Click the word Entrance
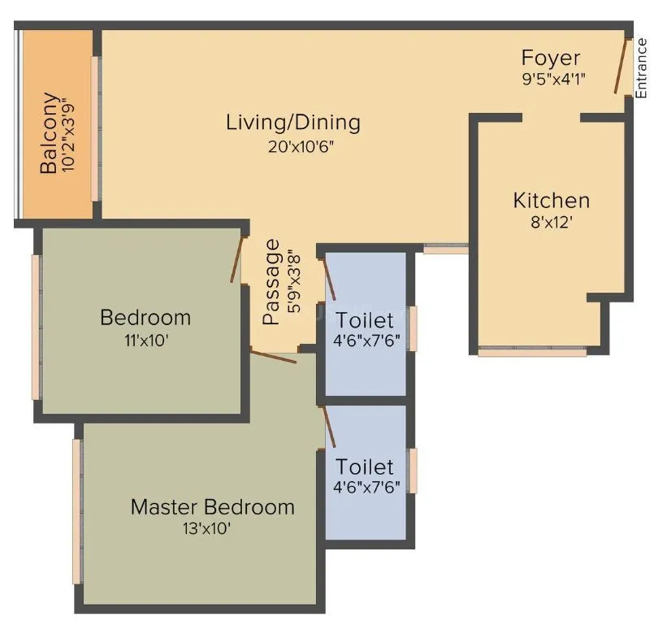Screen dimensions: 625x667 pos(641,68)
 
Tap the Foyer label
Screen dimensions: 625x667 pos(551,59)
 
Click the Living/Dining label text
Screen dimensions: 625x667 pos(292,123)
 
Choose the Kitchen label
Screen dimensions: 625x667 pos(551,200)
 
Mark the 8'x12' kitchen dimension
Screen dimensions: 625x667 pos(551,222)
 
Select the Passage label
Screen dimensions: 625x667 pos(272,282)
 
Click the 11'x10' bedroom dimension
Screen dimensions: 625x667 pos(145,341)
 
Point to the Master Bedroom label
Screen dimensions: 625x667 pos(212,507)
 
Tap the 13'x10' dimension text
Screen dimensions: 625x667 pos(212,529)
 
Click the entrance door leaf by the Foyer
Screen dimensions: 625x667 pos(622,65)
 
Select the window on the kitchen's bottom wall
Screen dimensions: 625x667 pos(531,352)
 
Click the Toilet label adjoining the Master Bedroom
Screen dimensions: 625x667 pos(365,467)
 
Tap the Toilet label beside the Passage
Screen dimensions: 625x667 pos(365,319)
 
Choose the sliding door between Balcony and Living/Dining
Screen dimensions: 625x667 pos(97,128)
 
